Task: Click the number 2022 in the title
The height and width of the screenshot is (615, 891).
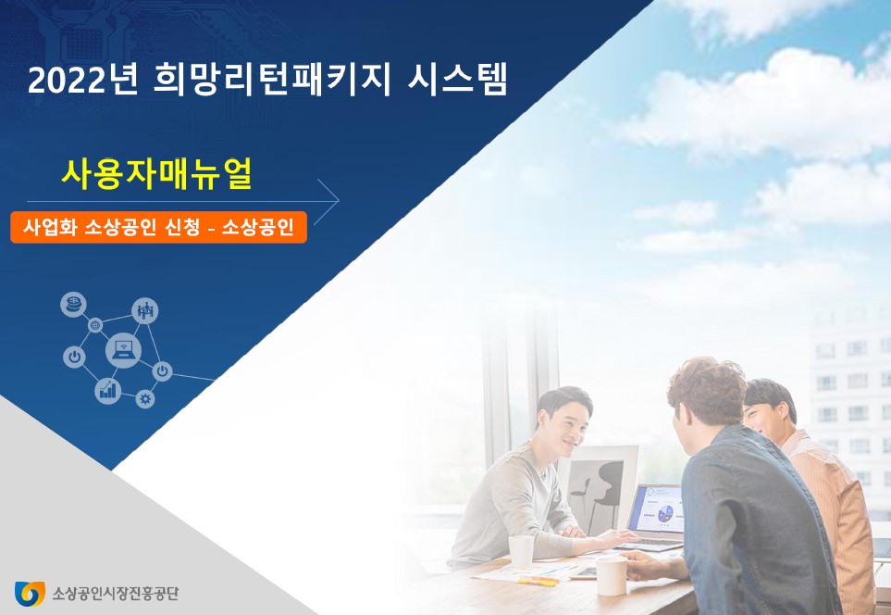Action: point(68,81)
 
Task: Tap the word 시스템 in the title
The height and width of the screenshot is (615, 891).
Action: point(457,80)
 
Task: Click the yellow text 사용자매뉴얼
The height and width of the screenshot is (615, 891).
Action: point(156,174)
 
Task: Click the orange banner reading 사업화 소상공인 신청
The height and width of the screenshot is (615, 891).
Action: point(158,228)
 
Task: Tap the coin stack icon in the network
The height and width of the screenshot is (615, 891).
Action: point(73,305)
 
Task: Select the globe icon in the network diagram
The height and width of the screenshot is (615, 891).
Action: point(95,325)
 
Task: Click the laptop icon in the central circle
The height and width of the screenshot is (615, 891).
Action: point(123,349)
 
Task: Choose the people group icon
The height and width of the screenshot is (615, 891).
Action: point(145,310)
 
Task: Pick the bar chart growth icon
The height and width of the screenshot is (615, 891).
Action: point(107,391)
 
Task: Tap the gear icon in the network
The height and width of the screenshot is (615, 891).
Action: point(145,399)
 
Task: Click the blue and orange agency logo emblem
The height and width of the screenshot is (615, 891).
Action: point(30,594)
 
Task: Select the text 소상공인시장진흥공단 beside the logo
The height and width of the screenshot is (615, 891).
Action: point(116,594)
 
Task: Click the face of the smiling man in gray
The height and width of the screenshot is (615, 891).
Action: point(564,428)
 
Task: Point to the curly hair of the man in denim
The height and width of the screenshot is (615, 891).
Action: point(707,388)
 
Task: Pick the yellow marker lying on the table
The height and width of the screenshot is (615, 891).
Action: point(538,582)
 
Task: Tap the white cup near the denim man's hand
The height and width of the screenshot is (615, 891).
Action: point(612,575)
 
